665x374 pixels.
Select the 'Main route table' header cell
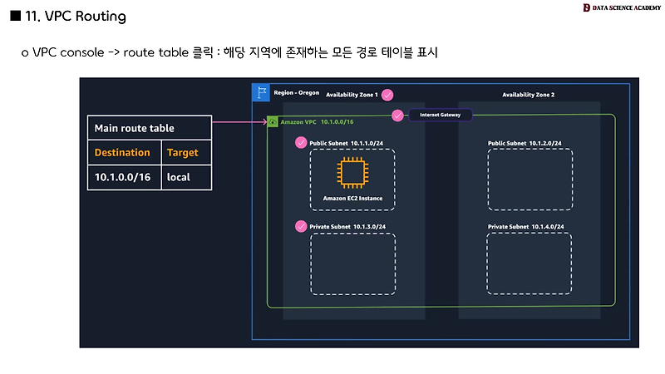[134, 129]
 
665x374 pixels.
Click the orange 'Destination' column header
[122, 153]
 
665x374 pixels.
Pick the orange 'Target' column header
[183, 153]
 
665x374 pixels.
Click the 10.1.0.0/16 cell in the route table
[122, 177]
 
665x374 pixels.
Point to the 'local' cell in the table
[179, 177]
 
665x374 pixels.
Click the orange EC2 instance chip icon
[352, 174]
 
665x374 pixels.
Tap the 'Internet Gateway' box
[440, 114]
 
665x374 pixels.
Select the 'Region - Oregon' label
[295, 91]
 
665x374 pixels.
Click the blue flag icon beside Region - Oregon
[261, 91]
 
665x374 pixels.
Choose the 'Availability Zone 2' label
[528, 95]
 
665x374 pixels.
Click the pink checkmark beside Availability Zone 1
[387, 95]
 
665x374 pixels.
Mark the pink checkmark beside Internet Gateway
[397, 115]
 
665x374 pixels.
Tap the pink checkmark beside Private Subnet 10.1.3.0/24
[300, 226]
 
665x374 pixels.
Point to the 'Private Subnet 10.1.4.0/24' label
[530, 226]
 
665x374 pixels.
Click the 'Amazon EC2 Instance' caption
[352, 199]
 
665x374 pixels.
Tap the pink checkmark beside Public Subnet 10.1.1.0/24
[300, 143]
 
